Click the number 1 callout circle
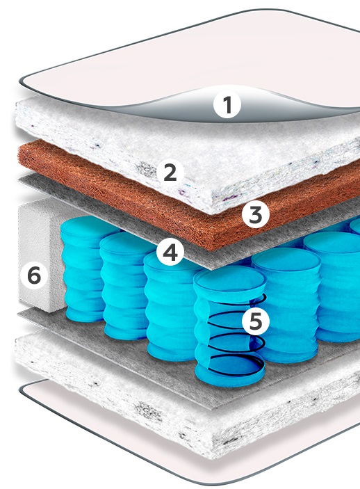pos(227,105)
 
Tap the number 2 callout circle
pos(170,172)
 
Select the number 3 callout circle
pos(256,214)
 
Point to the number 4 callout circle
pos(170,252)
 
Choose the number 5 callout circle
pos(256,321)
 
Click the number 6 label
pos(34,275)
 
